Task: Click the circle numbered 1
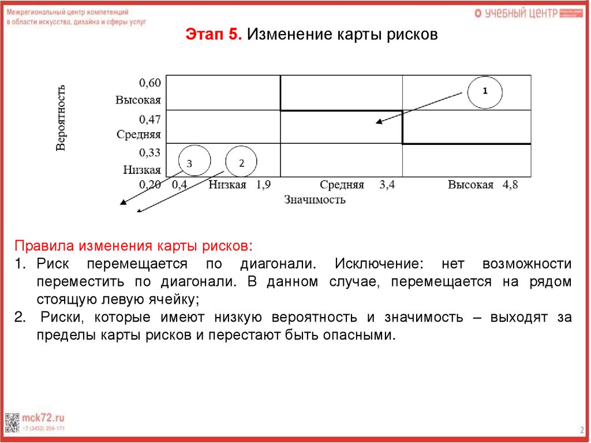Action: click(485, 91)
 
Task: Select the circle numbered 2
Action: click(241, 162)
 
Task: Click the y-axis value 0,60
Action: click(149, 83)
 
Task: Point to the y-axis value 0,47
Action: click(149, 119)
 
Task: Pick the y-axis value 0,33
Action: click(149, 152)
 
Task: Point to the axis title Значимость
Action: click(315, 200)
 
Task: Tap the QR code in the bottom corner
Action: click(12, 422)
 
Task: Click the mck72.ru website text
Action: click(43, 417)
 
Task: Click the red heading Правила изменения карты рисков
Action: click(133, 245)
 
